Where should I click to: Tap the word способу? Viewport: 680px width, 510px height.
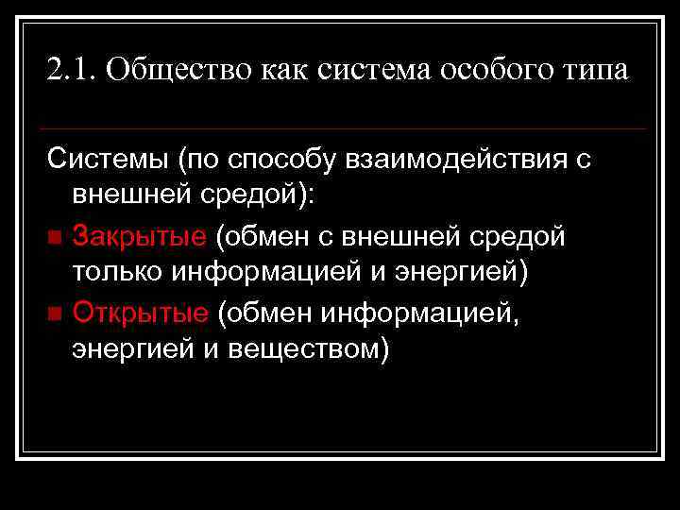point(276,160)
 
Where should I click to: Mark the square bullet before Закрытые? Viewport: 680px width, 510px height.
point(57,236)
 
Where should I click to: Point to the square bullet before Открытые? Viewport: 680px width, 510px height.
point(57,312)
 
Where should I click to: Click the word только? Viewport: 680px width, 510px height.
point(117,273)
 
